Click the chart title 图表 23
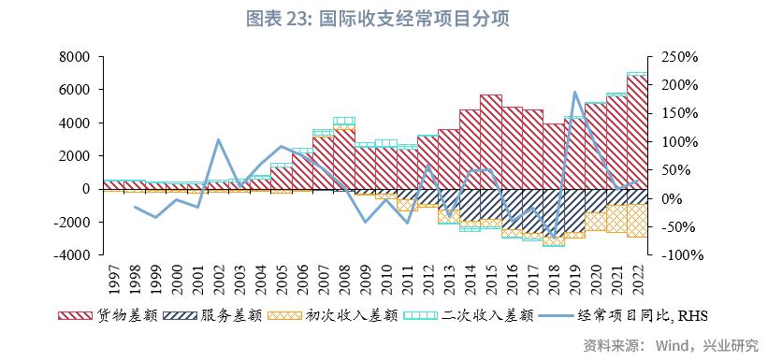click(x=384, y=18)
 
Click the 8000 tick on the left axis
click(x=74, y=57)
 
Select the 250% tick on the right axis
click(x=678, y=57)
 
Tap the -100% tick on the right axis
click(x=678, y=254)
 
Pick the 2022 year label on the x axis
click(x=637, y=277)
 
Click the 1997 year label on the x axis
click(x=112, y=277)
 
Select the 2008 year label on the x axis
click(x=343, y=277)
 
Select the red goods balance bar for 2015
click(x=490, y=141)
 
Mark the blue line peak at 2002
click(x=217, y=140)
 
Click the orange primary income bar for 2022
click(x=637, y=221)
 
